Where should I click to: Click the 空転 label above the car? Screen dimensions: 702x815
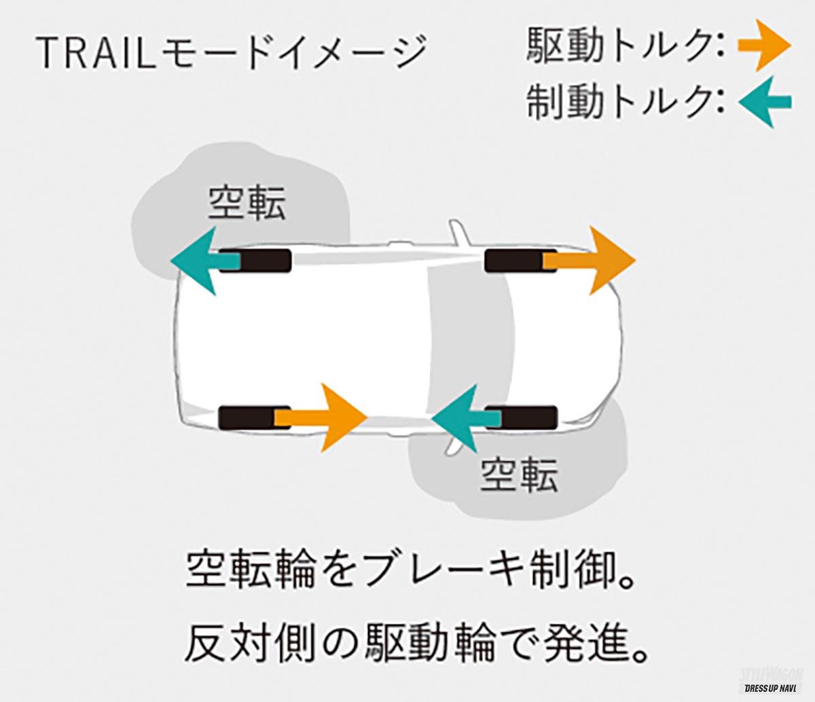tap(246, 202)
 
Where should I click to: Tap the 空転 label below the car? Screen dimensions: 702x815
tap(519, 475)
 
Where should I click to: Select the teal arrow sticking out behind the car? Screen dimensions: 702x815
tap(200, 261)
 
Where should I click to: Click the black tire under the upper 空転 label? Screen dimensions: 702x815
tap(265, 261)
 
